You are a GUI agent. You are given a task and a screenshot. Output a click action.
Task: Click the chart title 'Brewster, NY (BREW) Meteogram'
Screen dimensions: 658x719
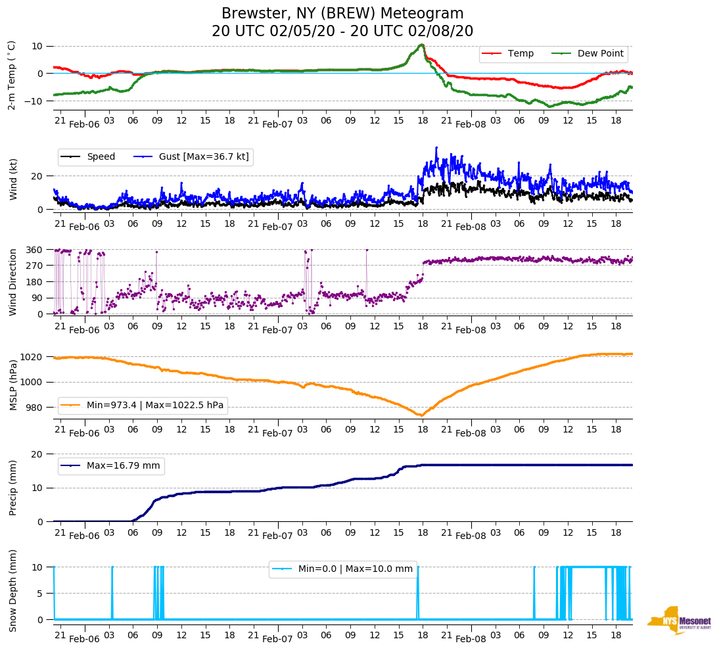point(342,14)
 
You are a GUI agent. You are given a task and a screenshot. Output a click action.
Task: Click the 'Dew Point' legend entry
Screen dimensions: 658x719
point(601,53)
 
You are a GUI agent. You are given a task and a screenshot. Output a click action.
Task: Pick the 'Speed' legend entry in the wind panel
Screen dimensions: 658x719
point(101,156)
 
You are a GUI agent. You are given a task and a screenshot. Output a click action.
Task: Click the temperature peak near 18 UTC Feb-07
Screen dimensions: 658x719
point(421,45)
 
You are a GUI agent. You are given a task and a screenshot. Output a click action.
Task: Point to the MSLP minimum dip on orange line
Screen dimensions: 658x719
point(421,415)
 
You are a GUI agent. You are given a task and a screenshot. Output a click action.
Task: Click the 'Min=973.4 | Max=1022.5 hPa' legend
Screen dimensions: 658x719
point(154,405)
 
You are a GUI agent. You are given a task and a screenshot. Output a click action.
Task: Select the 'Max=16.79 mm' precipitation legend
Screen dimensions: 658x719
point(123,465)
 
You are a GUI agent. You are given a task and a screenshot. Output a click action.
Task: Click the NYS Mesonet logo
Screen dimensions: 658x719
point(679,621)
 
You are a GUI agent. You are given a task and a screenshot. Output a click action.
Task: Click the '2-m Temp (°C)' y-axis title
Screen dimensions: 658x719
point(12,75)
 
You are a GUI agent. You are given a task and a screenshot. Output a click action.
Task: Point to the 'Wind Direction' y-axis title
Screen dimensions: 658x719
point(13,281)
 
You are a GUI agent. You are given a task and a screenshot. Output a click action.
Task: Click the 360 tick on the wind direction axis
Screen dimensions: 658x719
point(34,250)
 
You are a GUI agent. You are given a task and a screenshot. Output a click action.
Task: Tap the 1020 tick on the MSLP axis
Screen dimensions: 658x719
point(32,357)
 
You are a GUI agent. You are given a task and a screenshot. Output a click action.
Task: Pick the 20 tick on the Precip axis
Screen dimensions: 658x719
point(39,454)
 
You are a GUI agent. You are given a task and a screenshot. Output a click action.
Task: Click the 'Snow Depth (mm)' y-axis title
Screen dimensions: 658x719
point(13,590)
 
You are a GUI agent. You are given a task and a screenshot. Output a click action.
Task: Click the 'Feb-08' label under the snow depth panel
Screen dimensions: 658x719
point(471,639)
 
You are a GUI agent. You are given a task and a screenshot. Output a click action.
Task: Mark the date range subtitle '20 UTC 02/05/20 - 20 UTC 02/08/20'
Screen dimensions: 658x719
point(342,32)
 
